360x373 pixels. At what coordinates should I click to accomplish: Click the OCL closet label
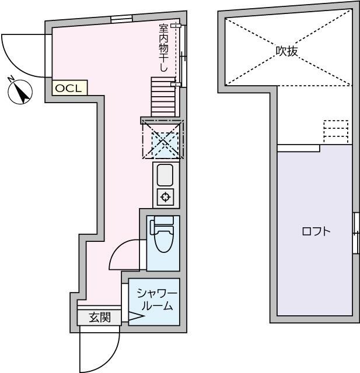point(70,88)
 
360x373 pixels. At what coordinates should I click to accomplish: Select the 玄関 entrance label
point(99,318)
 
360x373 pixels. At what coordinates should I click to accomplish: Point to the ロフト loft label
point(316,231)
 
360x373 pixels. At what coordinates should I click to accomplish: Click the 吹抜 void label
point(287,51)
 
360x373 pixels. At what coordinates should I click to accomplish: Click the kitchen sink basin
point(165,174)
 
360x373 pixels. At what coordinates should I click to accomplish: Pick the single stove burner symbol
point(165,198)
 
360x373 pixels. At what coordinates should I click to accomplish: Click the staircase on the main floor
point(162,96)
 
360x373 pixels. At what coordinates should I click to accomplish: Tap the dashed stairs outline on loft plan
point(335,131)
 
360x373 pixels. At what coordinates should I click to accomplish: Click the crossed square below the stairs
point(162,140)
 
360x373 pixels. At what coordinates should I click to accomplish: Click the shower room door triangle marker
point(135,317)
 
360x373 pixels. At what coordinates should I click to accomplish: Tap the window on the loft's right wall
point(355,233)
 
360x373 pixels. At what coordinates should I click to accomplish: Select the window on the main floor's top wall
point(122,19)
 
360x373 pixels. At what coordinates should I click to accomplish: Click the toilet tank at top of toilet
point(162,221)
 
